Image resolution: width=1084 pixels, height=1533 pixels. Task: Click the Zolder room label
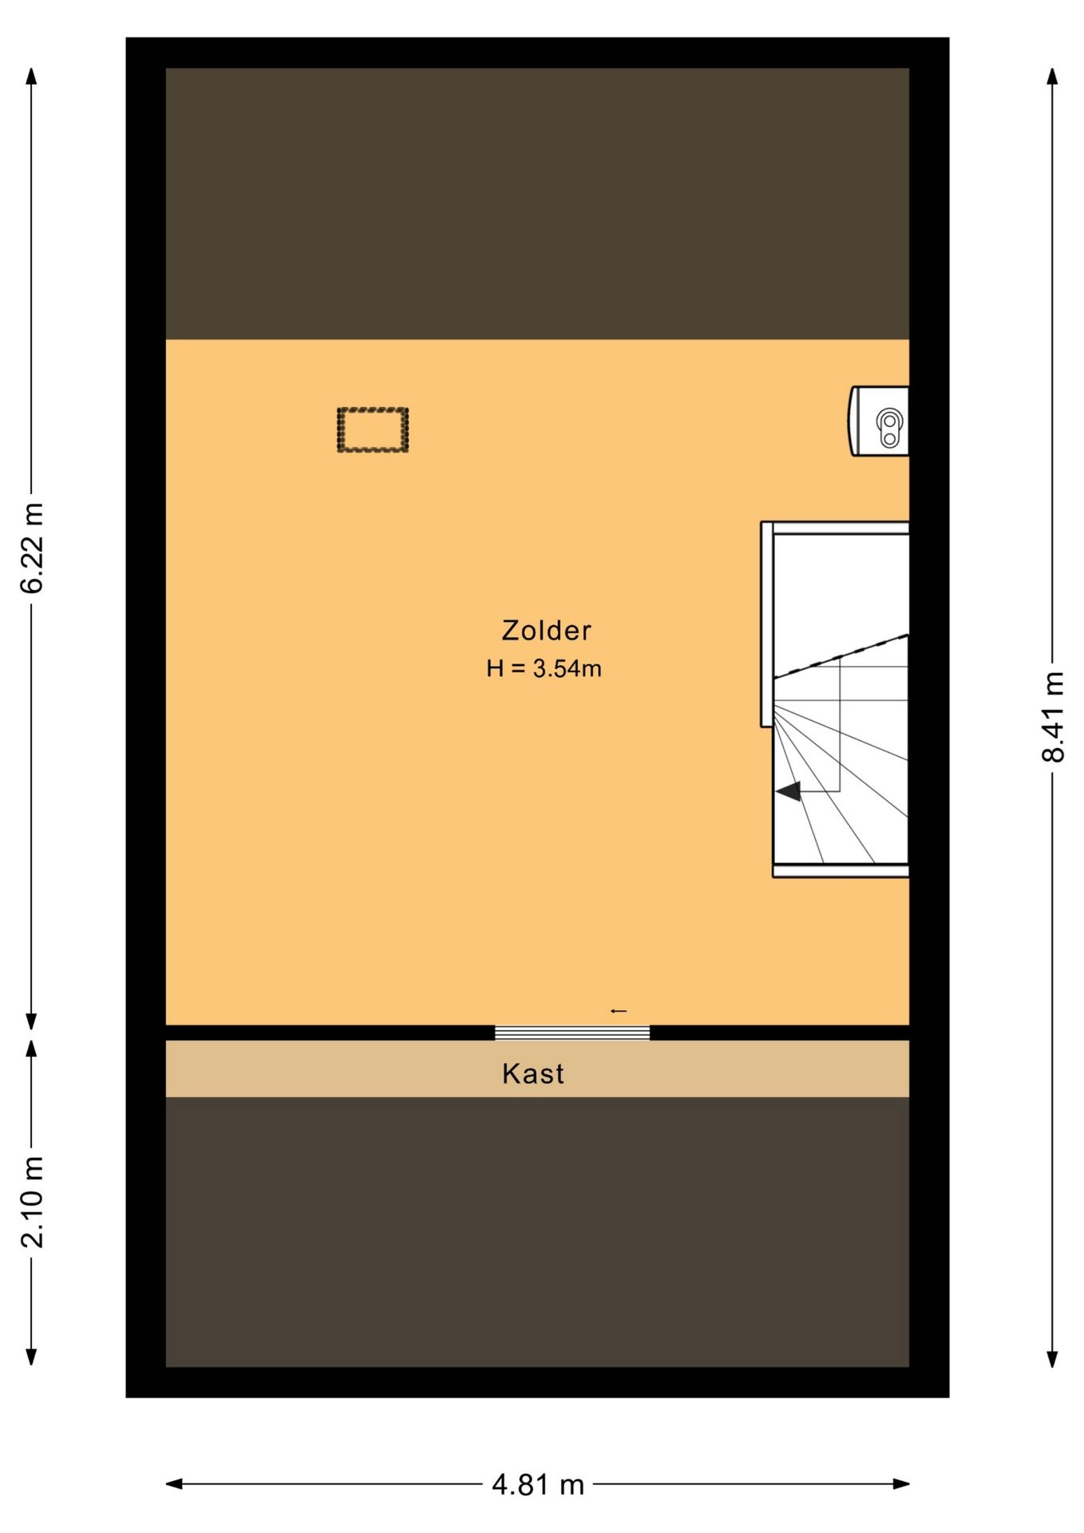coord(546,631)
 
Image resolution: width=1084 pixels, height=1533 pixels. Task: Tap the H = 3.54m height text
coord(544,668)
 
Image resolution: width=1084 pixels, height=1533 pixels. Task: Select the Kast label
coord(532,1074)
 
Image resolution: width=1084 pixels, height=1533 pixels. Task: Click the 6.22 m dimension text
coord(32,548)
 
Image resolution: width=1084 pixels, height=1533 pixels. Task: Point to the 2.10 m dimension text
coord(32,1202)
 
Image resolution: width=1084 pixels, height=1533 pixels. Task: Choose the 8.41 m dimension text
coord(1053,717)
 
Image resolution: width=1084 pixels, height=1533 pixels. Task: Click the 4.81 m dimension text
coord(538,1485)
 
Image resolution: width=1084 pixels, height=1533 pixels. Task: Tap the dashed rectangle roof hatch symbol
coord(373,430)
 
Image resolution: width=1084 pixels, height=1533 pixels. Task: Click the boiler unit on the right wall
coord(879,421)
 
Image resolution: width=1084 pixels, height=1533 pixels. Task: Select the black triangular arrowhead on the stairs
coord(789,791)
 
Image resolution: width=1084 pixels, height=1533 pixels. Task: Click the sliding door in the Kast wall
coord(572,1032)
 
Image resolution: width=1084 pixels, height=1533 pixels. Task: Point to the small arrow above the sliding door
coord(619,1012)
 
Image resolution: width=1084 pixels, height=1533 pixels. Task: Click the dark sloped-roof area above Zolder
coord(537,204)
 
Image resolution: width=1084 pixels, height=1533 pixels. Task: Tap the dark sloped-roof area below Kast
coord(537,1232)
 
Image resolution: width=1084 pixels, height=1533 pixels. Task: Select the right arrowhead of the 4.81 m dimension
coord(901,1484)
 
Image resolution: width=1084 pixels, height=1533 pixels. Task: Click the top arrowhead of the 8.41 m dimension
coord(1053,77)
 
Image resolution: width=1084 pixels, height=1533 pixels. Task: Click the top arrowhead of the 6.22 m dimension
coord(32,77)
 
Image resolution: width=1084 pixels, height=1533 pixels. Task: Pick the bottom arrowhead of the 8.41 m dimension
coord(1053,1358)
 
